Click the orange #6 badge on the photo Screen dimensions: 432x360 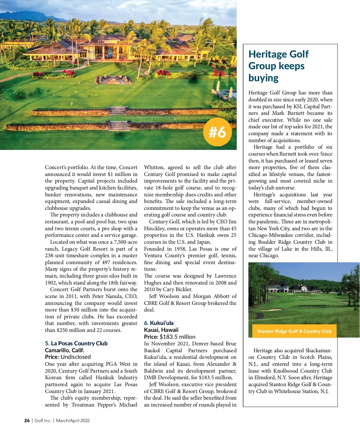point(217,132)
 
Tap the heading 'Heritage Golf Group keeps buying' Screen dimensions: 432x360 point(278,66)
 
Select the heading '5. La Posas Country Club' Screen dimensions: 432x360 point(76,343)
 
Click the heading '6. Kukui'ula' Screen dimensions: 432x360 point(159,323)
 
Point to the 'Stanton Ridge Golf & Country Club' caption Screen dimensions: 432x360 point(294,331)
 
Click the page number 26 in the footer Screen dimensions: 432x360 point(27,420)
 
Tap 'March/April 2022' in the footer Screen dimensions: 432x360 point(73,420)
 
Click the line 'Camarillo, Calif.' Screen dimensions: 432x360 point(64,350)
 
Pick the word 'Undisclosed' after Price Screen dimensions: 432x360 point(76,357)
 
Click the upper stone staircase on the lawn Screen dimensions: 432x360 point(118,111)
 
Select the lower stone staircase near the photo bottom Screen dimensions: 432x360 point(119,126)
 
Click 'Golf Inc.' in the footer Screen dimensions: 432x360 point(43,420)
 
